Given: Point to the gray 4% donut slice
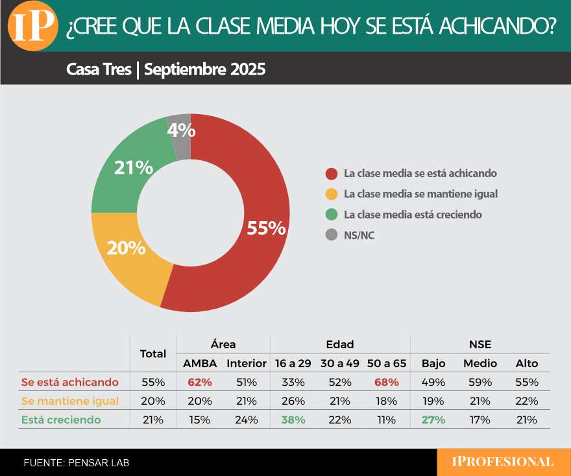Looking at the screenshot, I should [180, 130].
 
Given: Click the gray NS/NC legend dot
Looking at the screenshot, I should [332, 235].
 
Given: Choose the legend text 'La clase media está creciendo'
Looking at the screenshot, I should [413, 214].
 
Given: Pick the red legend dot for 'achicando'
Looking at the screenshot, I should [332, 174].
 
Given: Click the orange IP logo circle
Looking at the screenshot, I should [33, 26].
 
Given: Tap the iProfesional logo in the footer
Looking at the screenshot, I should [502, 462].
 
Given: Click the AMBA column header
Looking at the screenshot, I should [199, 363].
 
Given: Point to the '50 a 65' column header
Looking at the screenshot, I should [387, 363].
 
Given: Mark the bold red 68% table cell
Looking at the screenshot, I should [387, 382].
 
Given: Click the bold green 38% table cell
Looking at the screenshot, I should [293, 420].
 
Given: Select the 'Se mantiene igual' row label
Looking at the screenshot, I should [69, 401].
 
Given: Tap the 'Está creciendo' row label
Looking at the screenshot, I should [61, 420].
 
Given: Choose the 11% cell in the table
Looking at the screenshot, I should [387, 420].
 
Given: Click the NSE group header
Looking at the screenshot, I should [480, 344].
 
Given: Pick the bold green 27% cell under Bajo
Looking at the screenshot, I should [433, 420].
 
